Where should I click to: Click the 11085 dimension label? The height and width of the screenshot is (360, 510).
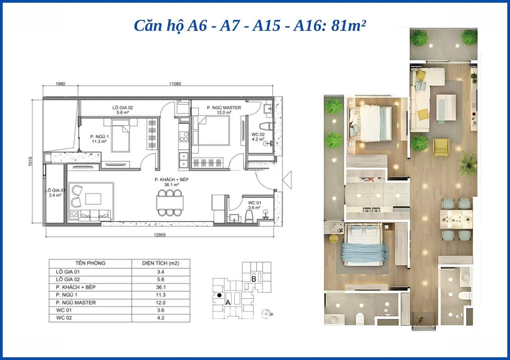tap(175, 84)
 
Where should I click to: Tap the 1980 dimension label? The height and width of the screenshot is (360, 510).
tap(60, 84)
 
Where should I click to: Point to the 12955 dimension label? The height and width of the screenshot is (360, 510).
tap(160, 235)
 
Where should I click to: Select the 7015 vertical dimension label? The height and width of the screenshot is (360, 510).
tap(31, 162)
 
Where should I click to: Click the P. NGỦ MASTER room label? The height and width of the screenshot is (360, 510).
tap(224, 108)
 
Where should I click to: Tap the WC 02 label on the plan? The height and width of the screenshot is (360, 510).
tap(258, 134)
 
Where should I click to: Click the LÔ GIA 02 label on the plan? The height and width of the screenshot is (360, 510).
tap(123, 108)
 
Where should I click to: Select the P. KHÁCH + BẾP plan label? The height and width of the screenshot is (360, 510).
tap(171, 179)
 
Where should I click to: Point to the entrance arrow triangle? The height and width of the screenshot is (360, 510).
tap(287, 180)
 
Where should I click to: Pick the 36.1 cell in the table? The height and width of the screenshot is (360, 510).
tap(161, 287)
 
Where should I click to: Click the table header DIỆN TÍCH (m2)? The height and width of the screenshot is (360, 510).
tap(161, 263)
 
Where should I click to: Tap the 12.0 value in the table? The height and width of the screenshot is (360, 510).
tap(161, 302)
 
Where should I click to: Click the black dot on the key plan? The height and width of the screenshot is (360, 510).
tap(219, 295)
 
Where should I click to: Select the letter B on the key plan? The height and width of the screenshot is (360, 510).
tap(254, 279)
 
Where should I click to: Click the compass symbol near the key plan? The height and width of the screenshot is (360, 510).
tap(266, 314)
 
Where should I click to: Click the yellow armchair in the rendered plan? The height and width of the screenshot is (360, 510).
tap(442, 147)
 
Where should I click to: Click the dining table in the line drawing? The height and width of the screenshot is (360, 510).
tap(170, 203)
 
